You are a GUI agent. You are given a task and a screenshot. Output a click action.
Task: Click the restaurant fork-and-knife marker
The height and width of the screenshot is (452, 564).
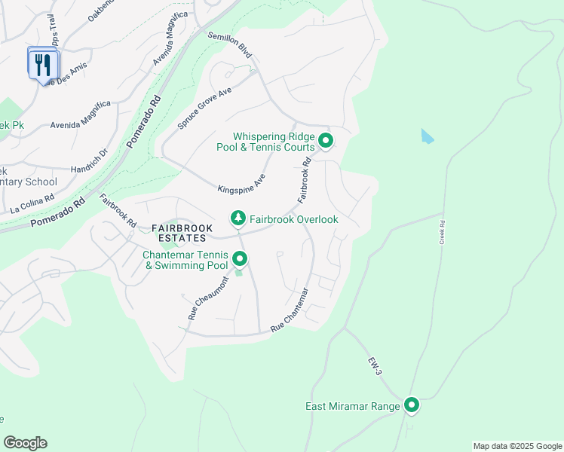[x=43, y=64]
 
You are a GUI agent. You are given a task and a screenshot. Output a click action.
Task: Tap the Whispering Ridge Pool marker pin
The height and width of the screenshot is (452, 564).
[x=326, y=141]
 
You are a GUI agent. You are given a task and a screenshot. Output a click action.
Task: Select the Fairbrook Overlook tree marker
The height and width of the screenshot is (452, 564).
[x=238, y=218]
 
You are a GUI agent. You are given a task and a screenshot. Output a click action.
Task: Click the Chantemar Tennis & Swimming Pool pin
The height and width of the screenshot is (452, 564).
[x=240, y=260]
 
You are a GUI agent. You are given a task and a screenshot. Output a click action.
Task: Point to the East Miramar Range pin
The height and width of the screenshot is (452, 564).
[x=412, y=406]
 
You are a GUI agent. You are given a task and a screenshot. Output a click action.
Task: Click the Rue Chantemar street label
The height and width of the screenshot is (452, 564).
[x=290, y=310]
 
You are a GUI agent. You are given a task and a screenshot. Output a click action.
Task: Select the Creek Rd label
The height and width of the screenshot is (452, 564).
[x=443, y=232]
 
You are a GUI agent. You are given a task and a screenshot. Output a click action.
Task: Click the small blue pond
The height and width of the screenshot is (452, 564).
[x=428, y=136]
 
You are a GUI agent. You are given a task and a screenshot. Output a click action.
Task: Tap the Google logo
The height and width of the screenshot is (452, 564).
[x=25, y=443]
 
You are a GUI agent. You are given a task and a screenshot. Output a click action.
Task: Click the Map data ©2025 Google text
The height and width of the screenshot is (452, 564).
[x=516, y=446]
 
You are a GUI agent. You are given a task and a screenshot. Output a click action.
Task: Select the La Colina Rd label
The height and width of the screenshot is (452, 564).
[x=32, y=203]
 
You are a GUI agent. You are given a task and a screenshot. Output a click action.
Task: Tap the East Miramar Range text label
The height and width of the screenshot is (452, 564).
[x=352, y=407]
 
